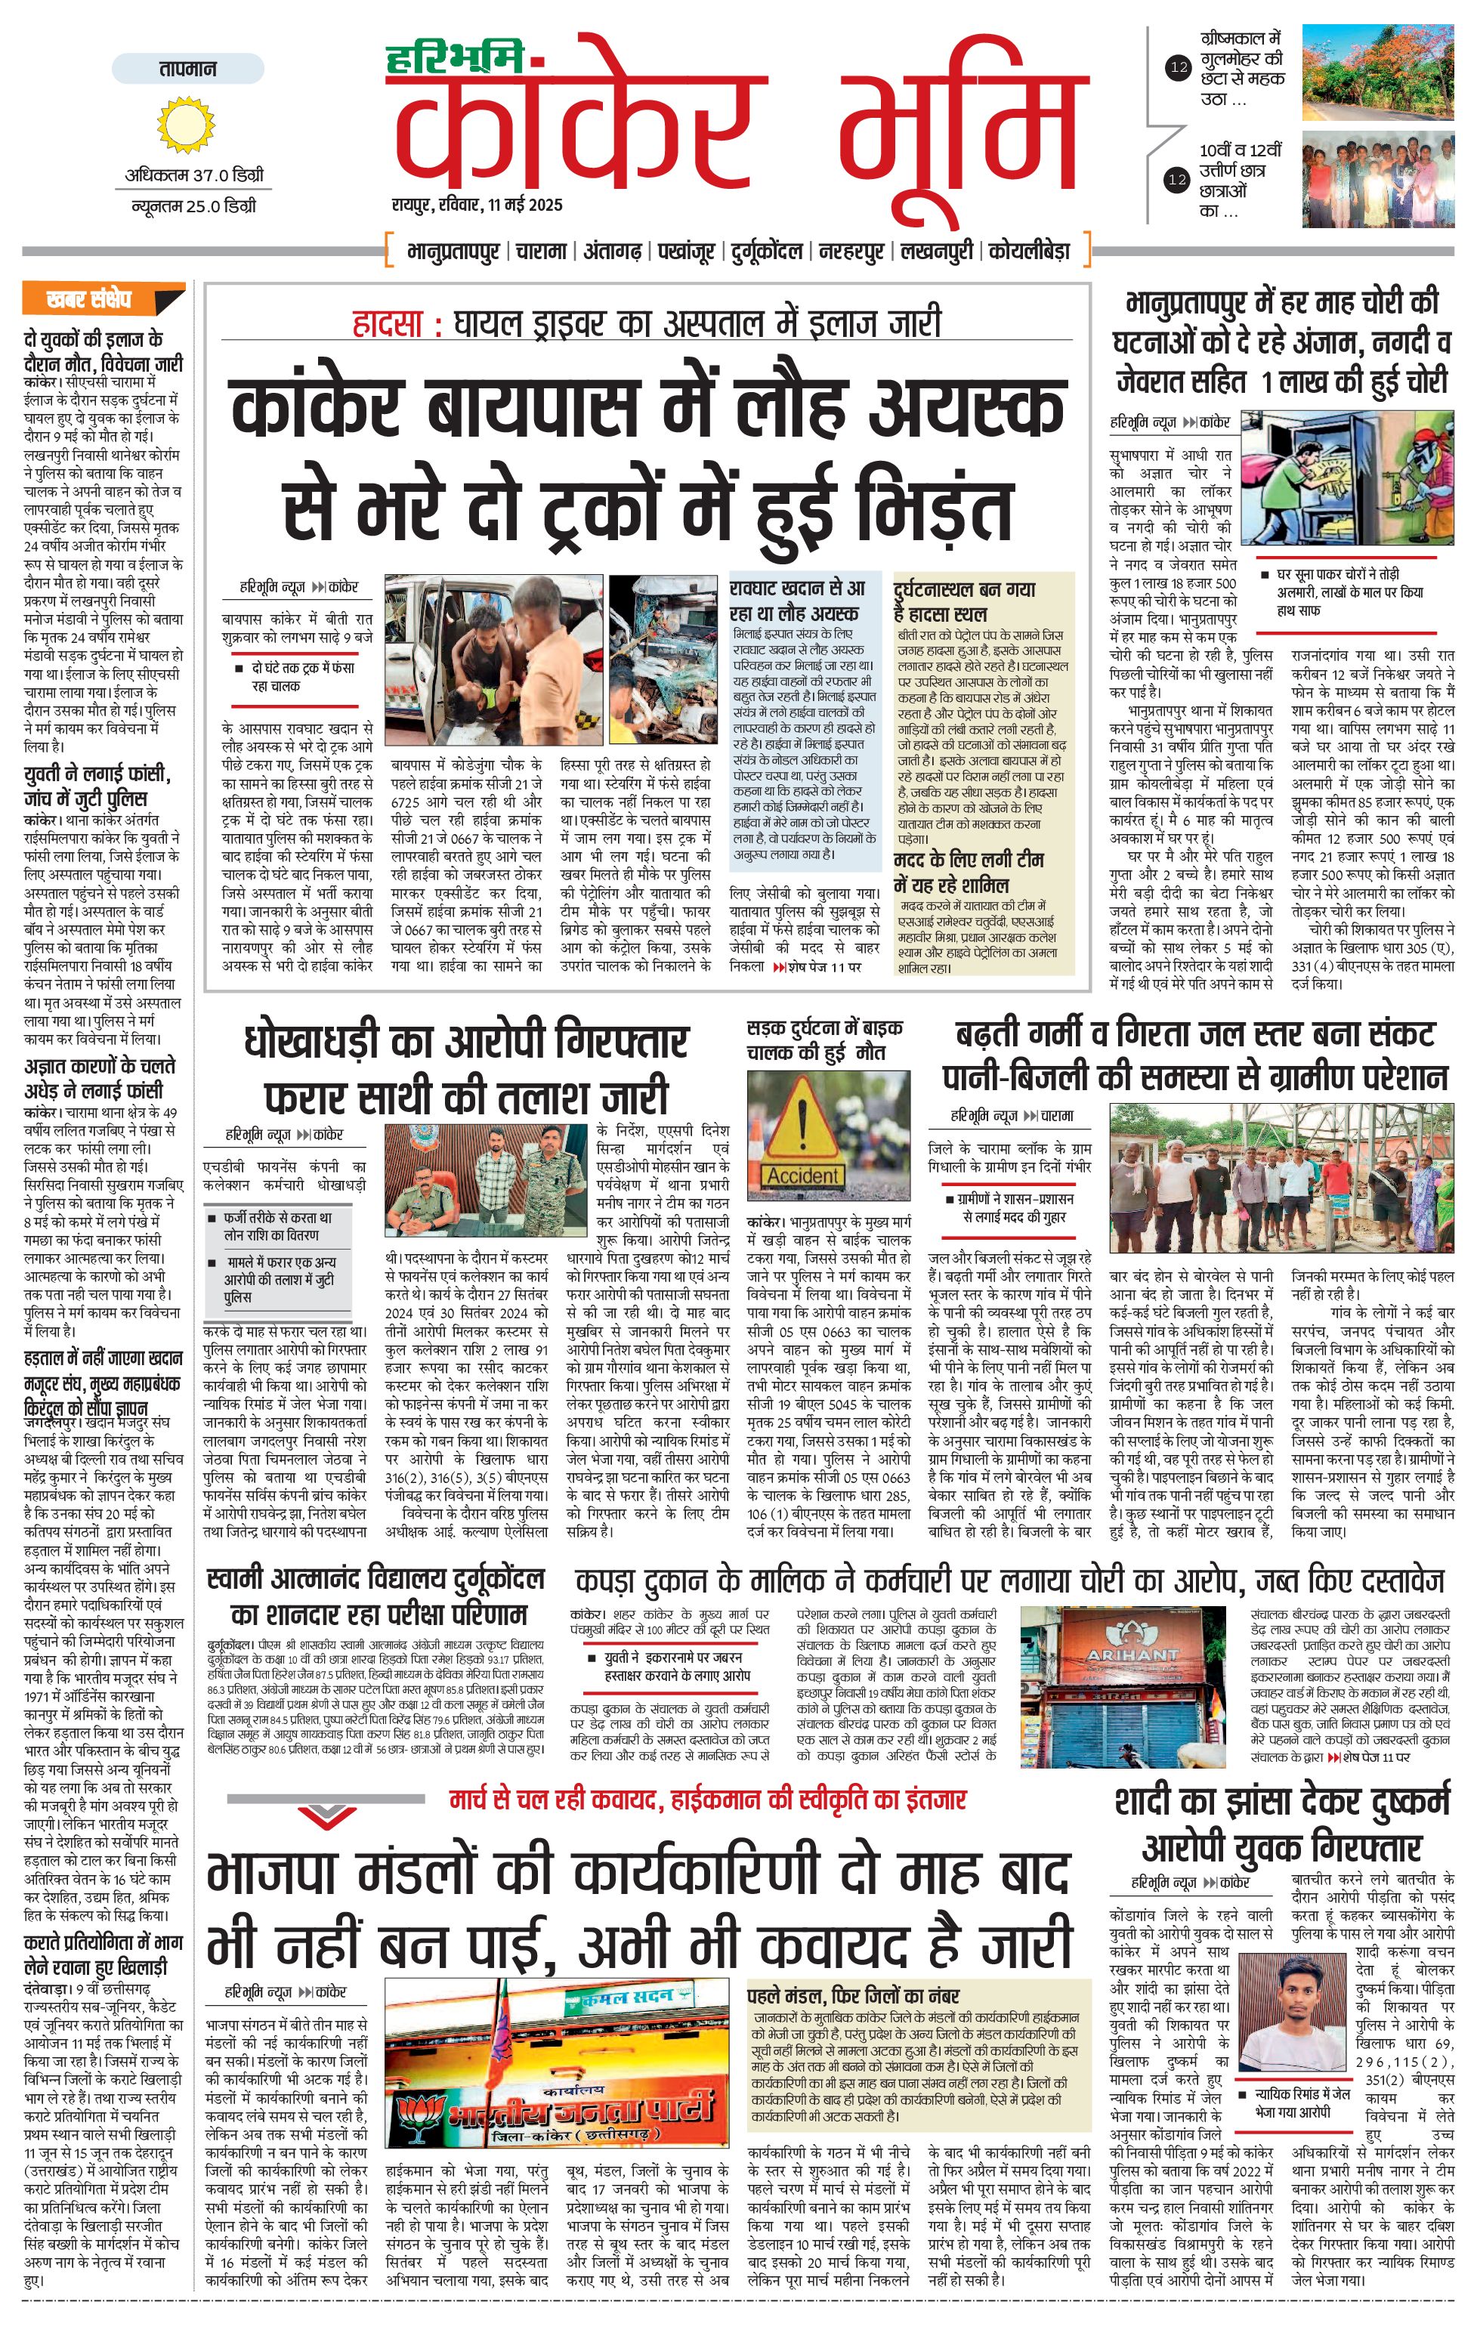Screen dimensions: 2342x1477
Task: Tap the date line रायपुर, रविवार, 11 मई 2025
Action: [477, 205]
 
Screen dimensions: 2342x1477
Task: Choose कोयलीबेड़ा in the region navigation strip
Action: [1029, 251]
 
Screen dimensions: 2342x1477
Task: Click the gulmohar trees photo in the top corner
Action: [1377, 73]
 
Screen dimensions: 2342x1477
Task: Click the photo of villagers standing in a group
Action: [1281, 1178]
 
